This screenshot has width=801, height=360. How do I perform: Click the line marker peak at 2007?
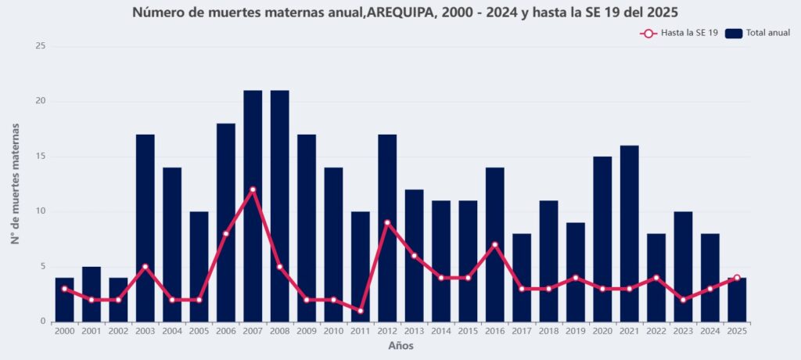tap(253, 189)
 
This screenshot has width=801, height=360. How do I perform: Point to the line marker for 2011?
tap(361, 311)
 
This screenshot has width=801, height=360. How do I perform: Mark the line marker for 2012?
tap(387, 222)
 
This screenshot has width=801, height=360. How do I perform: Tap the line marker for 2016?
tap(495, 244)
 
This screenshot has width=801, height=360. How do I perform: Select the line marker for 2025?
tap(737, 278)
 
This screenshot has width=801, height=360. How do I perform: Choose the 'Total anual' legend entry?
tap(758, 33)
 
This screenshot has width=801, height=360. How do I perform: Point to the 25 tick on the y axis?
tap(41, 46)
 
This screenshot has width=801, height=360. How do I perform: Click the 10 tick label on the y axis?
tap(41, 211)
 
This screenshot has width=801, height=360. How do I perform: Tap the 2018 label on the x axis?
tap(548, 332)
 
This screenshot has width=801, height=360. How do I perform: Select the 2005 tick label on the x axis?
tap(199, 332)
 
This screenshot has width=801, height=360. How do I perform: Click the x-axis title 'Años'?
tap(400, 346)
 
